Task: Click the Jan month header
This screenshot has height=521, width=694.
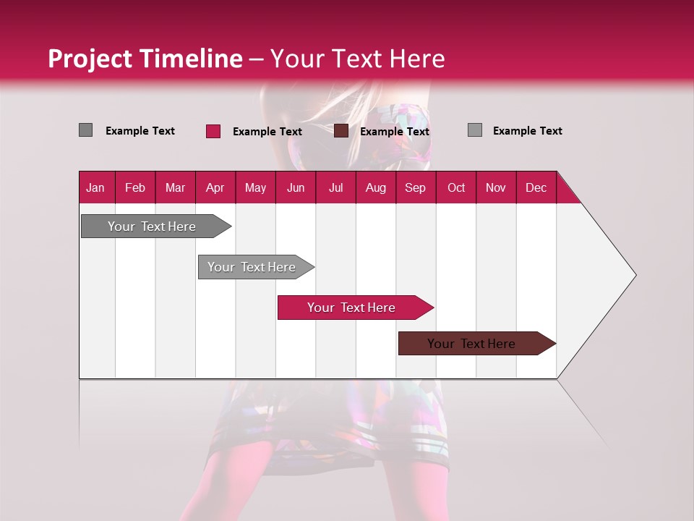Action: coord(96,187)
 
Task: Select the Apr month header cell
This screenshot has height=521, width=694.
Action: coord(215,187)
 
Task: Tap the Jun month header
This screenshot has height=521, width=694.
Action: coord(296,187)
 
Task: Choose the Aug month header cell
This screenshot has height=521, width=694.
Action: coord(376,187)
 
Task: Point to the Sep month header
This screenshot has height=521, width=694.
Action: coord(416,187)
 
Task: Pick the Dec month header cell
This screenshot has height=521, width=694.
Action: coord(536,187)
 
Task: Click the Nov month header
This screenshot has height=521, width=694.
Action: coord(496,187)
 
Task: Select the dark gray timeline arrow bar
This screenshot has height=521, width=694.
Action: coord(152,226)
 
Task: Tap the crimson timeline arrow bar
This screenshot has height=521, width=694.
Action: coord(352,308)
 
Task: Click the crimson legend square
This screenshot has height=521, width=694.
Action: coord(213,131)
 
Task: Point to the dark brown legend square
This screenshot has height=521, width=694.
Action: coord(341,131)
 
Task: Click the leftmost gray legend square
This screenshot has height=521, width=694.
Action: coord(85,130)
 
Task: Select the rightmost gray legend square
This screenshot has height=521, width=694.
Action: coord(474,130)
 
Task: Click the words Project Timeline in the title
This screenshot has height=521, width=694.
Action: coord(145,59)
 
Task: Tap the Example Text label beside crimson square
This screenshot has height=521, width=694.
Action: coord(267,132)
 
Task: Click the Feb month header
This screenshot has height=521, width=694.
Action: coord(135,187)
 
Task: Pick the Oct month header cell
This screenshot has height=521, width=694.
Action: coord(456,187)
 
